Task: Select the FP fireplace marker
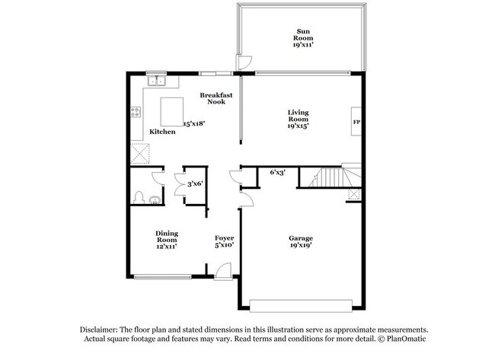356,122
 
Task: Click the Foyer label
224,241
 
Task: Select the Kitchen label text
162,132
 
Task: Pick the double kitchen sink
158,80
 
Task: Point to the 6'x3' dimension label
279,173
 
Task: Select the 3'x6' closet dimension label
195,183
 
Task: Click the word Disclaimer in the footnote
104,329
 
